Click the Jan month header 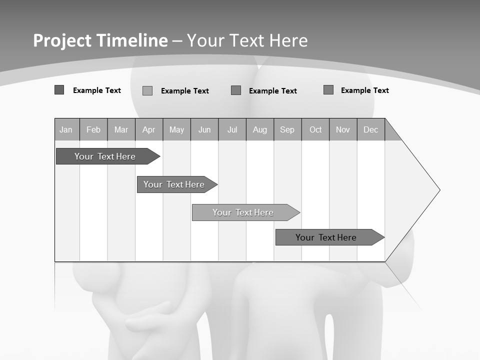coord(66,129)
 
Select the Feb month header coord(93,129)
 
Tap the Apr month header coord(149,129)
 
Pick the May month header coord(176,129)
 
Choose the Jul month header coord(232,129)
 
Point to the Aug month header coord(260,129)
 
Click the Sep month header coord(287,129)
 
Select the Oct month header coord(315,129)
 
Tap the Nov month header coord(343,129)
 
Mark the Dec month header coord(371,129)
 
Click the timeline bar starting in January coord(105,156)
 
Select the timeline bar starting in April coord(174,184)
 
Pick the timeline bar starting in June coord(243,212)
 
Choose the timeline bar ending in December coord(326,237)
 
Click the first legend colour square coord(59,90)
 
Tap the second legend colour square coord(147,90)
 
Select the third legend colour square coord(236,90)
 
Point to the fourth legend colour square coord(328,89)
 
